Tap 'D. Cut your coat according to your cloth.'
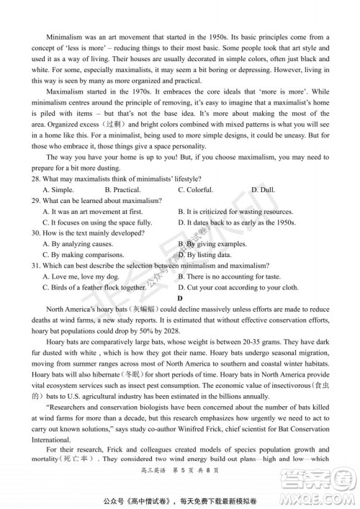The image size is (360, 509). (x=238, y=287)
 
